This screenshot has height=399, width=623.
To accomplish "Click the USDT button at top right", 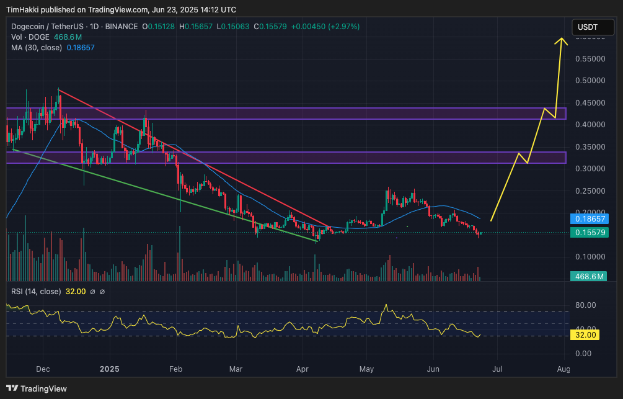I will pos(588,27).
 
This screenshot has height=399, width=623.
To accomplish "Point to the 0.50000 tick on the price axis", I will pos(591,81).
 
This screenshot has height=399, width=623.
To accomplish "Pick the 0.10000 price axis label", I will pos(591,256).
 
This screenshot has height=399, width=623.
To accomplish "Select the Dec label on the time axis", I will pos(43,369).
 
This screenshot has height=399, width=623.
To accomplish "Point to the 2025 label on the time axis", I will pos(109,369).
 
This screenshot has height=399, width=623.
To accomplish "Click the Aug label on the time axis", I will pos(563,369).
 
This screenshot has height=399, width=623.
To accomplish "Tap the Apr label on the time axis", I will pos(302,369).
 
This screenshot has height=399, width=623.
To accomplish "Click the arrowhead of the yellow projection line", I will pos(562,40).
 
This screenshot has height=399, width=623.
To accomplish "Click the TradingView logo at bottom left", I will pos(37,388).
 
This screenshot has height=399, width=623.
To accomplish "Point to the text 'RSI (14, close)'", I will pos(36,291).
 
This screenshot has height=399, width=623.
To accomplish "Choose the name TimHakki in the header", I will pos(23,10).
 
